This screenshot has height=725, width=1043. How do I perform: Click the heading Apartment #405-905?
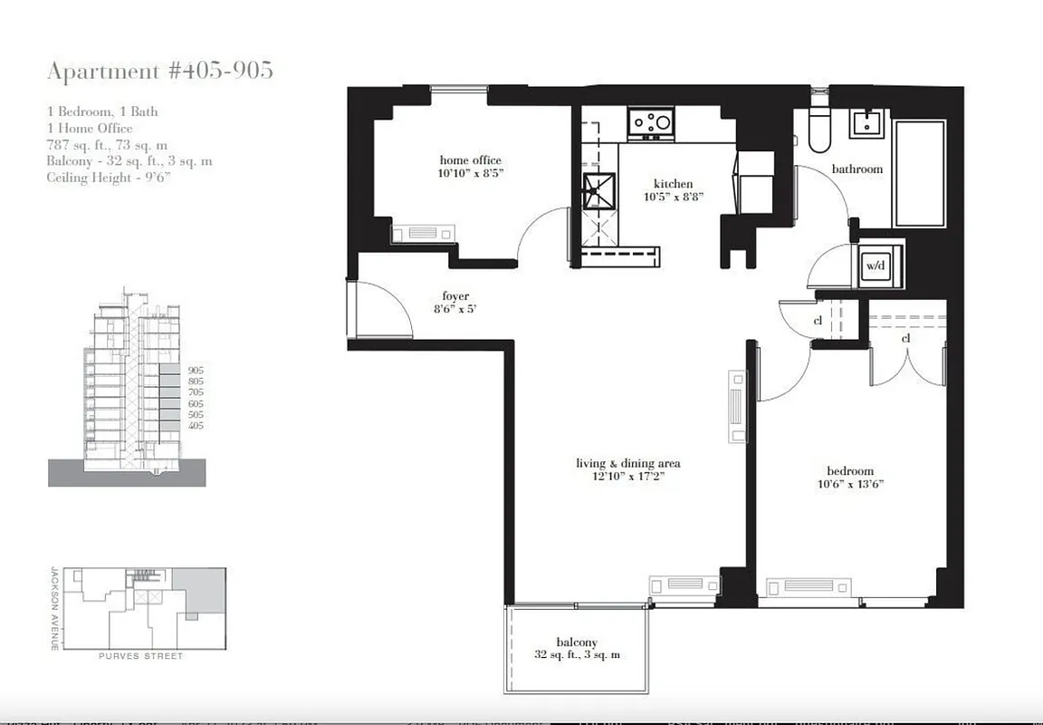coord(159,71)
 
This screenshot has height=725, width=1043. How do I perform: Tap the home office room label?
coord(470,160)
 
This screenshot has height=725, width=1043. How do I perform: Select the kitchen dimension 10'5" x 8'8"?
coord(674,197)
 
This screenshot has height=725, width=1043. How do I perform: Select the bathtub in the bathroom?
coord(919,172)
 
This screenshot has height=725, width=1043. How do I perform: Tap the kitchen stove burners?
coord(652,121)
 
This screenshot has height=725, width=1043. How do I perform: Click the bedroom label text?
coord(850,470)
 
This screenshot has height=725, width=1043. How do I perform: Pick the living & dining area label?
coord(627,463)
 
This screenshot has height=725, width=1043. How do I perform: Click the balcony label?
coord(577,643)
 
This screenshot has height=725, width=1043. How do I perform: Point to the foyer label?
coord(455,296)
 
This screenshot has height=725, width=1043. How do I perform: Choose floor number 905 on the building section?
coord(196,372)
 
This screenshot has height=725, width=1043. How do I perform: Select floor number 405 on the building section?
coord(196,425)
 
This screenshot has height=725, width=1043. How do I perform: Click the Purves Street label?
coord(140,656)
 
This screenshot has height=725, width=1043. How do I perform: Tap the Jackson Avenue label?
coord(54,608)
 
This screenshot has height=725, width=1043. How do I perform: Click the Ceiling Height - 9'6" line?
coord(108,178)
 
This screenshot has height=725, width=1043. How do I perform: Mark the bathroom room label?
coord(856,169)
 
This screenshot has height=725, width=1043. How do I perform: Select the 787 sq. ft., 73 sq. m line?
coord(107,145)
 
